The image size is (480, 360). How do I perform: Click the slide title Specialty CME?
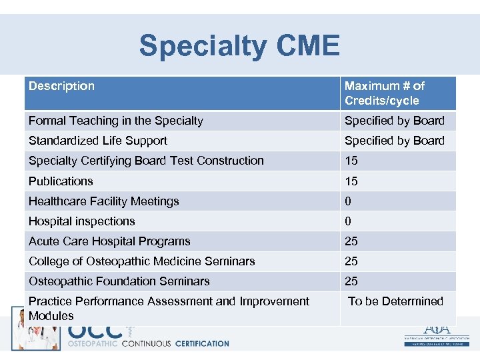tap(239, 46)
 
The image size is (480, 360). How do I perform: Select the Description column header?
tap(61, 86)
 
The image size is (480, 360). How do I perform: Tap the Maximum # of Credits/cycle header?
tap(384, 93)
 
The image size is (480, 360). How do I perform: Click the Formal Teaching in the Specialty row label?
tap(115, 121)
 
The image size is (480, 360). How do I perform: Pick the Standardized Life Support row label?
tap(97, 141)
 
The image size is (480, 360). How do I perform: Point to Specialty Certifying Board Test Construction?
tap(146, 161)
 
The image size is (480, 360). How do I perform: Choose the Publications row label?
tap(61, 181)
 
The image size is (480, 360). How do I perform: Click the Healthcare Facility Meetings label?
tap(103, 201)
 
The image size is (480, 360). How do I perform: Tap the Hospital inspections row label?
tap(81, 221)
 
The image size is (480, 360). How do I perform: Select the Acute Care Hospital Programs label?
tap(109, 241)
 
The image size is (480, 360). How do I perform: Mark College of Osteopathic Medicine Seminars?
tap(141, 261)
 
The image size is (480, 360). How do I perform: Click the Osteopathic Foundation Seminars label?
tap(119, 281)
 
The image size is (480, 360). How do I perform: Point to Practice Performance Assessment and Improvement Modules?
tap(169, 308)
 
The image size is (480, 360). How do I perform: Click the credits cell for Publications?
tap(351, 181)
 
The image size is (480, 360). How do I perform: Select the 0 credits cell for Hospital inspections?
tap(348, 221)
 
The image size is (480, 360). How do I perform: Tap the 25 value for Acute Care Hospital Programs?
tap(351, 241)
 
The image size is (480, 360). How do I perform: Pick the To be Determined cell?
tap(395, 301)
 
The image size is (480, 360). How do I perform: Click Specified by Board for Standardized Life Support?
tap(394, 141)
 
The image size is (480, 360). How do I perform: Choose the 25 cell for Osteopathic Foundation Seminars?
tap(351, 281)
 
